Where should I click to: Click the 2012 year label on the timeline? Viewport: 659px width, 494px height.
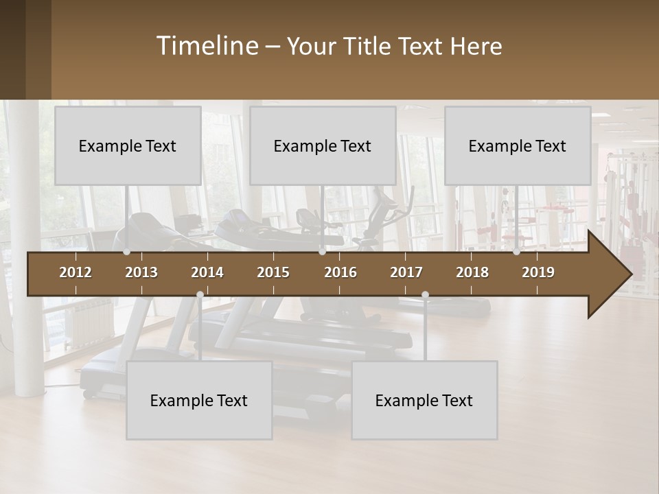point(76,272)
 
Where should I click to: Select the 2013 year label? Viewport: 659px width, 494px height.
point(141,272)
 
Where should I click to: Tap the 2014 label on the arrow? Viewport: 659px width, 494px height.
point(207,272)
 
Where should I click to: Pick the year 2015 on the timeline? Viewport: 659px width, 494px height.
point(273,272)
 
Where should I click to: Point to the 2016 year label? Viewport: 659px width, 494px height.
point(340,272)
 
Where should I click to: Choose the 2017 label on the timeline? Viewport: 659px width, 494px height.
point(406,272)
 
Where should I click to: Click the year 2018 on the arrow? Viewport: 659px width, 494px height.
point(472,272)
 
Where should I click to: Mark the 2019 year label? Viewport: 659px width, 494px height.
point(538,272)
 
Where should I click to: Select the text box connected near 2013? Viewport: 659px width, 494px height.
point(128,145)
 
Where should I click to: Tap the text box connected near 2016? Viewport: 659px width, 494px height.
point(323,145)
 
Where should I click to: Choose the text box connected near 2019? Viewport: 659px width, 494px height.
point(518,145)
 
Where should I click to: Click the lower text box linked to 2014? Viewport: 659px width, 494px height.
point(199,400)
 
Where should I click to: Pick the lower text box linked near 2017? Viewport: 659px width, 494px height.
point(424,400)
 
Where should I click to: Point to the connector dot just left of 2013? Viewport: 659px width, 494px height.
point(126,252)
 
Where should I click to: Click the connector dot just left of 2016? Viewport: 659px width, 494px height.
point(322,252)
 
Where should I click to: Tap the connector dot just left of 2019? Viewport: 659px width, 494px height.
point(516,252)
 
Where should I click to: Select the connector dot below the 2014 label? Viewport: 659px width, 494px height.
point(200,295)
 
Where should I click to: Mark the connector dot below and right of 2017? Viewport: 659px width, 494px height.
point(425,295)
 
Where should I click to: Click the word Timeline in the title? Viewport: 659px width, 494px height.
point(207,45)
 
